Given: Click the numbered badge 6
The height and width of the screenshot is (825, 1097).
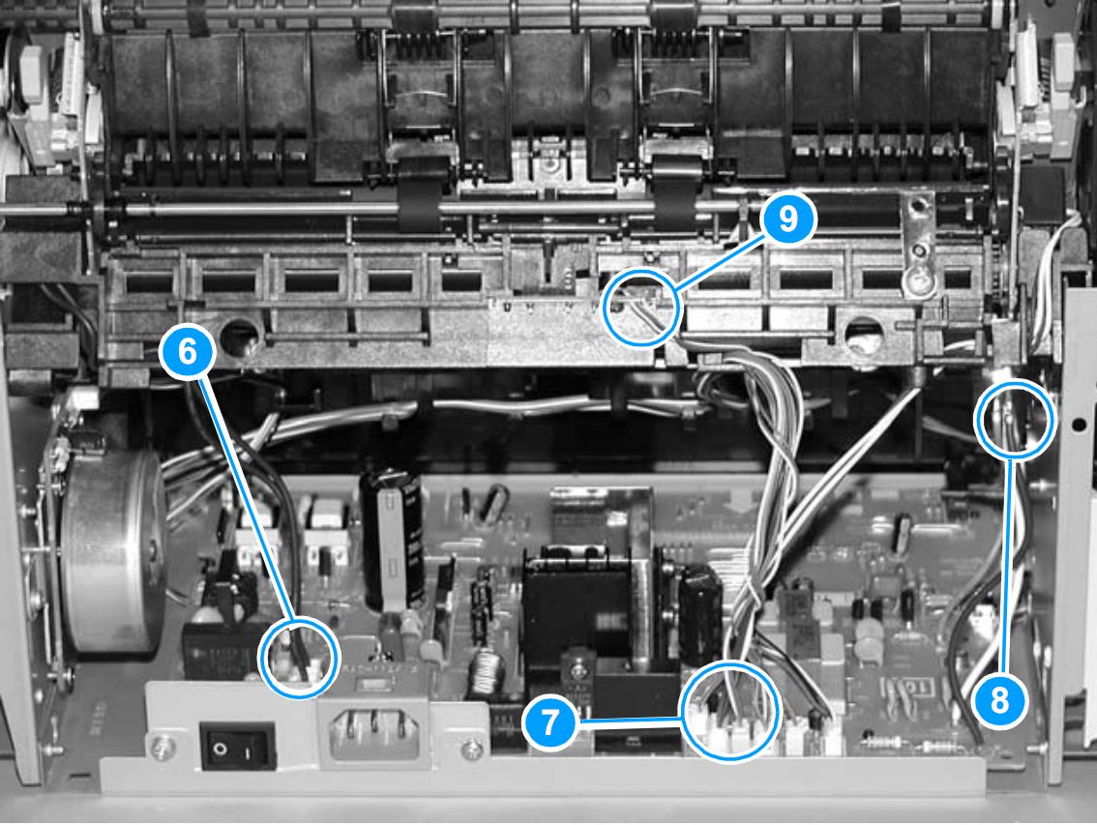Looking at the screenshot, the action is [188, 351].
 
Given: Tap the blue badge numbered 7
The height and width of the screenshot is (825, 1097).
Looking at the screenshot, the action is [549, 722].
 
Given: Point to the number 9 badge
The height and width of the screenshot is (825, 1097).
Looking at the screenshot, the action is [787, 219].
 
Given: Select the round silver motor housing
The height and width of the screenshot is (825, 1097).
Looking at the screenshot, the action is [112, 553].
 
